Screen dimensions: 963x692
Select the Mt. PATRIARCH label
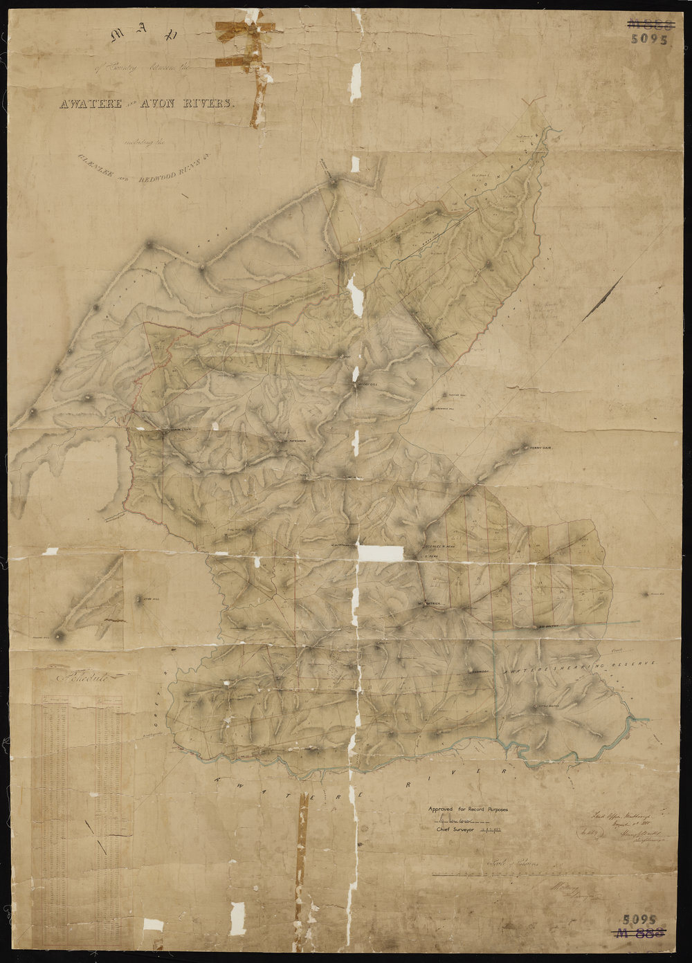[434, 603]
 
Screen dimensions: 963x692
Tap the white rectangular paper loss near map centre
[379, 553]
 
